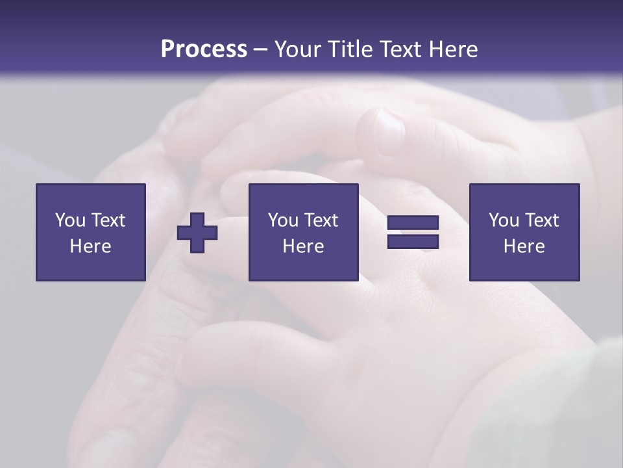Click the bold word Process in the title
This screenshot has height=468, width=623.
pyautogui.click(x=204, y=49)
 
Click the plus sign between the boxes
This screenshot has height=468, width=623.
pyautogui.click(x=197, y=233)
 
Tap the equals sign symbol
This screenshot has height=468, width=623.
pyautogui.click(x=413, y=233)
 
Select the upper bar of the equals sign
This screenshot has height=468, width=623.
pyautogui.click(x=413, y=223)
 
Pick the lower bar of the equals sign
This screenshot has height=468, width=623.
pyautogui.click(x=413, y=242)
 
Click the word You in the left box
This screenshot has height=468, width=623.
pyautogui.click(x=70, y=220)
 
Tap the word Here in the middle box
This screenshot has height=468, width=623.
pyautogui.click(x=304, y=246)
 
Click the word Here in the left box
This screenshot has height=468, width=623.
pyautogui.click(x=91, y=246)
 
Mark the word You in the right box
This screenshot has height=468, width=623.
pyautogui.click(x=504, y=220)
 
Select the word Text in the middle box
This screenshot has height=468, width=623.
pyautogui.click(x=321, y=220)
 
